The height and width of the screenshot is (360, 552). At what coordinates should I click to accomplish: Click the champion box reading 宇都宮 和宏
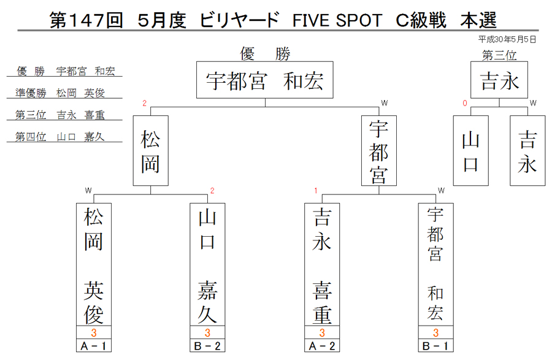pos(265,80)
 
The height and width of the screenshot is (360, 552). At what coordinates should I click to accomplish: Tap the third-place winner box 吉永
pos(499,80)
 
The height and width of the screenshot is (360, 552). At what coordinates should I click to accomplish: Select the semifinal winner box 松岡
pos(151,151)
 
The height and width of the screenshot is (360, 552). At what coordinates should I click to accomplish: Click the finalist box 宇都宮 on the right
pos(379,151)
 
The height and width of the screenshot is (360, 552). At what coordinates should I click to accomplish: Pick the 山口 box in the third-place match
pos(470,151)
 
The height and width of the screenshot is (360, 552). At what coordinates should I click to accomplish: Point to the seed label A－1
pos(94,346)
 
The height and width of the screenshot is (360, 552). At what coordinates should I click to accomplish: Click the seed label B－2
pos(207,346)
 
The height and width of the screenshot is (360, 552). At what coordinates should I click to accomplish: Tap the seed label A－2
pos(322,346)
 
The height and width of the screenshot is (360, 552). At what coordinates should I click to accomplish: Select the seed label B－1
pos(435,346)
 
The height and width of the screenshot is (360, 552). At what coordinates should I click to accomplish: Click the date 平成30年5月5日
pos(507,39)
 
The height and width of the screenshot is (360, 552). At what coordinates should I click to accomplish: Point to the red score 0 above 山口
pos(465,103)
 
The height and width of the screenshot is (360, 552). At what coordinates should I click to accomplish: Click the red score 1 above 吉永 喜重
pos(316,191)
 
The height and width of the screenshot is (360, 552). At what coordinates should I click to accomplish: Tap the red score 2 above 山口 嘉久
pos(212,191)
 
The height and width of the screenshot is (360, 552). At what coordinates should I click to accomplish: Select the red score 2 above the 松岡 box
pos(144,103)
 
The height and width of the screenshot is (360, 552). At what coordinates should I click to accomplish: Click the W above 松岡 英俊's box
pos(88,191)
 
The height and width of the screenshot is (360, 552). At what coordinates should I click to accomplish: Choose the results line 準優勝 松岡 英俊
pos(60,93)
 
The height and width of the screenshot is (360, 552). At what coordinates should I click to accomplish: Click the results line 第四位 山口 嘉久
pos(60,137)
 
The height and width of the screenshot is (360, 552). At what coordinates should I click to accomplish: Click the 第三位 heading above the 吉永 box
pos(499,55)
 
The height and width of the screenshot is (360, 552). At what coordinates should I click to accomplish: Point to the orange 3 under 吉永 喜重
pos(322,332)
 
